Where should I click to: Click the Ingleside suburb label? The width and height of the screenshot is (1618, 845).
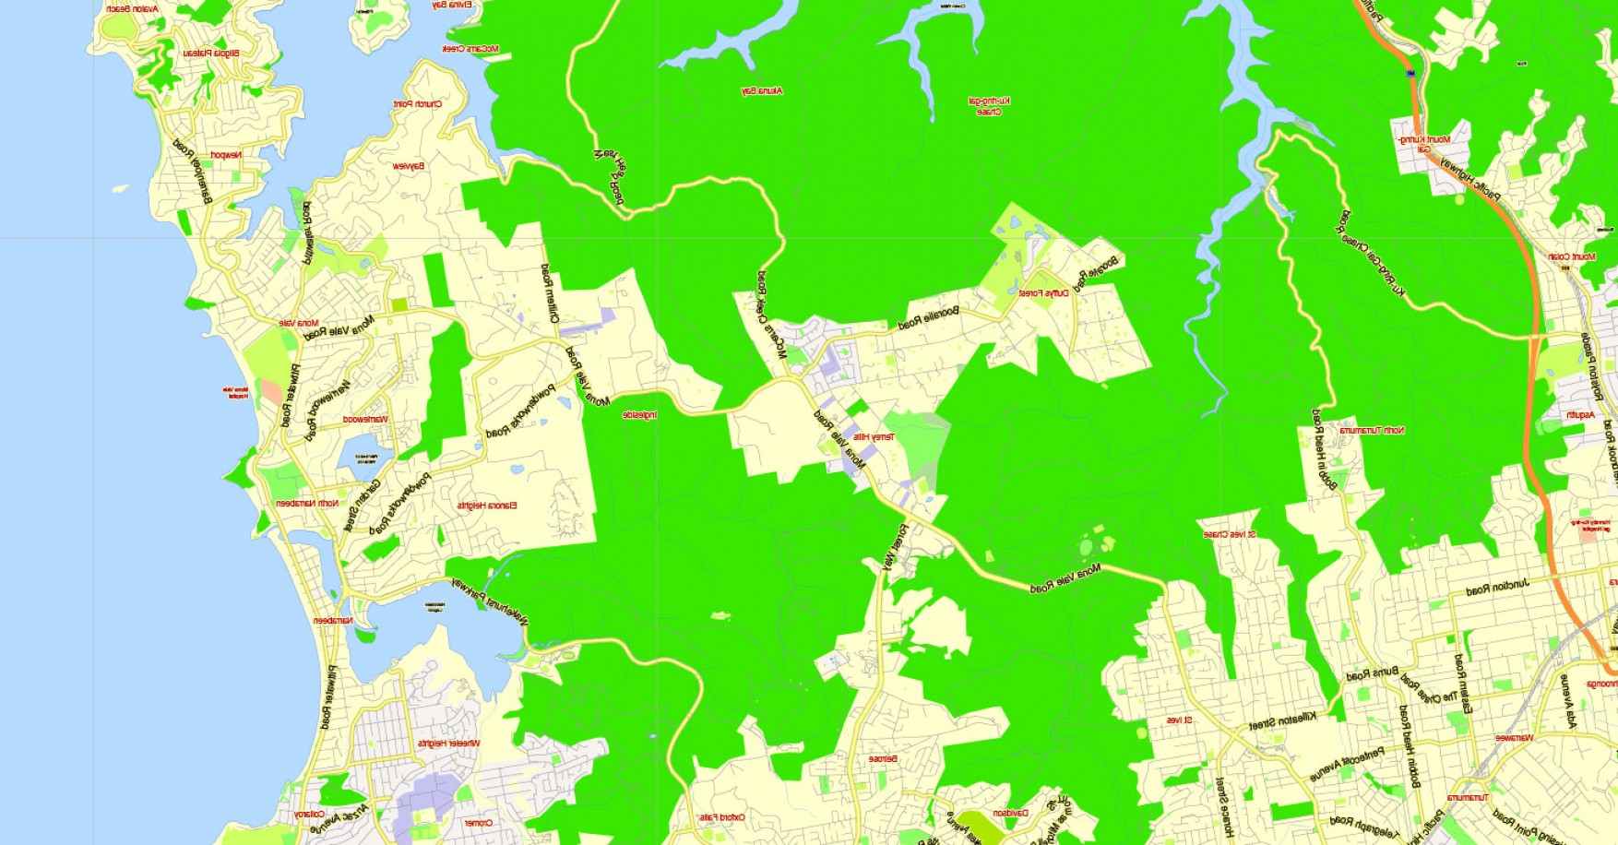(x=639, y=415)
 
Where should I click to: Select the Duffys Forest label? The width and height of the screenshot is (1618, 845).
(x=1043, y=293)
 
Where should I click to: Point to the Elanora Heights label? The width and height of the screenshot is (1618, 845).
(x=487, y=506)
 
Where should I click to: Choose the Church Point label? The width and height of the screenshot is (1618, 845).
(x=418, y=104)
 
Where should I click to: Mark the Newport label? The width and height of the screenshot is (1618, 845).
(x=225, y=155)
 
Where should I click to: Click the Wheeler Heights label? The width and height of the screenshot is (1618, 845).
(x=446, y=743)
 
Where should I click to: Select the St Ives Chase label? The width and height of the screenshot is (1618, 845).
(x=1230, y=534)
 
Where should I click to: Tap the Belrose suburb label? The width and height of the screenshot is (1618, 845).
(x=883, y=758)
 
